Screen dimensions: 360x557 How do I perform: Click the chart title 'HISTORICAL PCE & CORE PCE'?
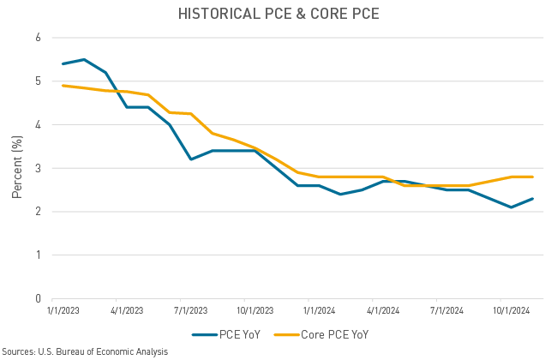[278, 14]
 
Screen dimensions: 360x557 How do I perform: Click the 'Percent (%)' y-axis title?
[16, 168]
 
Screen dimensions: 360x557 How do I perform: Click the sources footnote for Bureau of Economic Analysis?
[85, 351]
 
